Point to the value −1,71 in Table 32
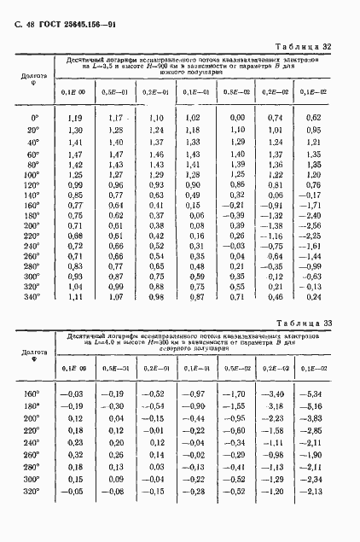313,206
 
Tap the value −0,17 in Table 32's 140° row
313,195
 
